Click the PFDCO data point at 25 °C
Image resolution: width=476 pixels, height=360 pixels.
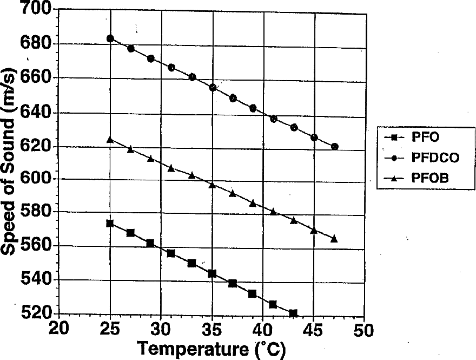coord(110,38)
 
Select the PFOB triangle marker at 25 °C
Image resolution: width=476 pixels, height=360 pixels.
coord(110,140)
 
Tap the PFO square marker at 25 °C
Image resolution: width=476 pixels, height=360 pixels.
coord(110,223)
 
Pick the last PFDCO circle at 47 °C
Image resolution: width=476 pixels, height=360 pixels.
coord(335,147)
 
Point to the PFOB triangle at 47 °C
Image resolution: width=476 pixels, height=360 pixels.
coord(334,239)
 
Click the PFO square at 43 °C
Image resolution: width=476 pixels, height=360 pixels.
coord(293,313)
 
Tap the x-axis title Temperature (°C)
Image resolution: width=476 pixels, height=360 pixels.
coord(211,349)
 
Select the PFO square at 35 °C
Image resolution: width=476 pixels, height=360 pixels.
coord(212,274)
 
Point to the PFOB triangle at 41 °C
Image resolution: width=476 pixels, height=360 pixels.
coord(273,212)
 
